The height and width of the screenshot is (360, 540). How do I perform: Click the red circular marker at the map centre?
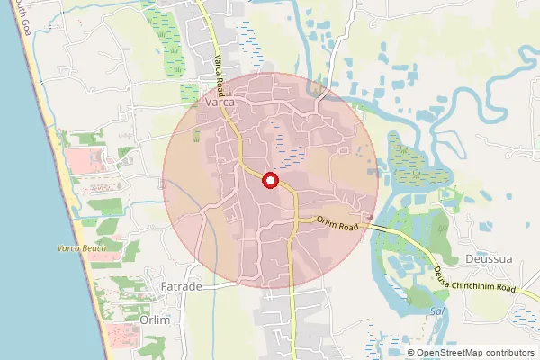pyautogui.click(x=269, y=181)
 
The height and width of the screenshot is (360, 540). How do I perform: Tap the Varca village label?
pyautogui.click(x=220, y=104)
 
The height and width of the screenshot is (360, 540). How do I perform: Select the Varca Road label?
pyautogui.click(x=220, y=73)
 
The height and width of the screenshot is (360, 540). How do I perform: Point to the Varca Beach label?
pyautogui.click(x=82, y=248)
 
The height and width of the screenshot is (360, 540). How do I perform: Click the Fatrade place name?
pyautogui.click(x=182, y=287)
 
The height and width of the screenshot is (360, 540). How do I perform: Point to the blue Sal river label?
pyautogui.click(x=438, y=310)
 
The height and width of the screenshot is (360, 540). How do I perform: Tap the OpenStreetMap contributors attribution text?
pyautogui.click(x=471, y=353)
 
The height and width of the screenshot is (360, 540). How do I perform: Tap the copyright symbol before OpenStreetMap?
pyautogui.click(x=410, y=353)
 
